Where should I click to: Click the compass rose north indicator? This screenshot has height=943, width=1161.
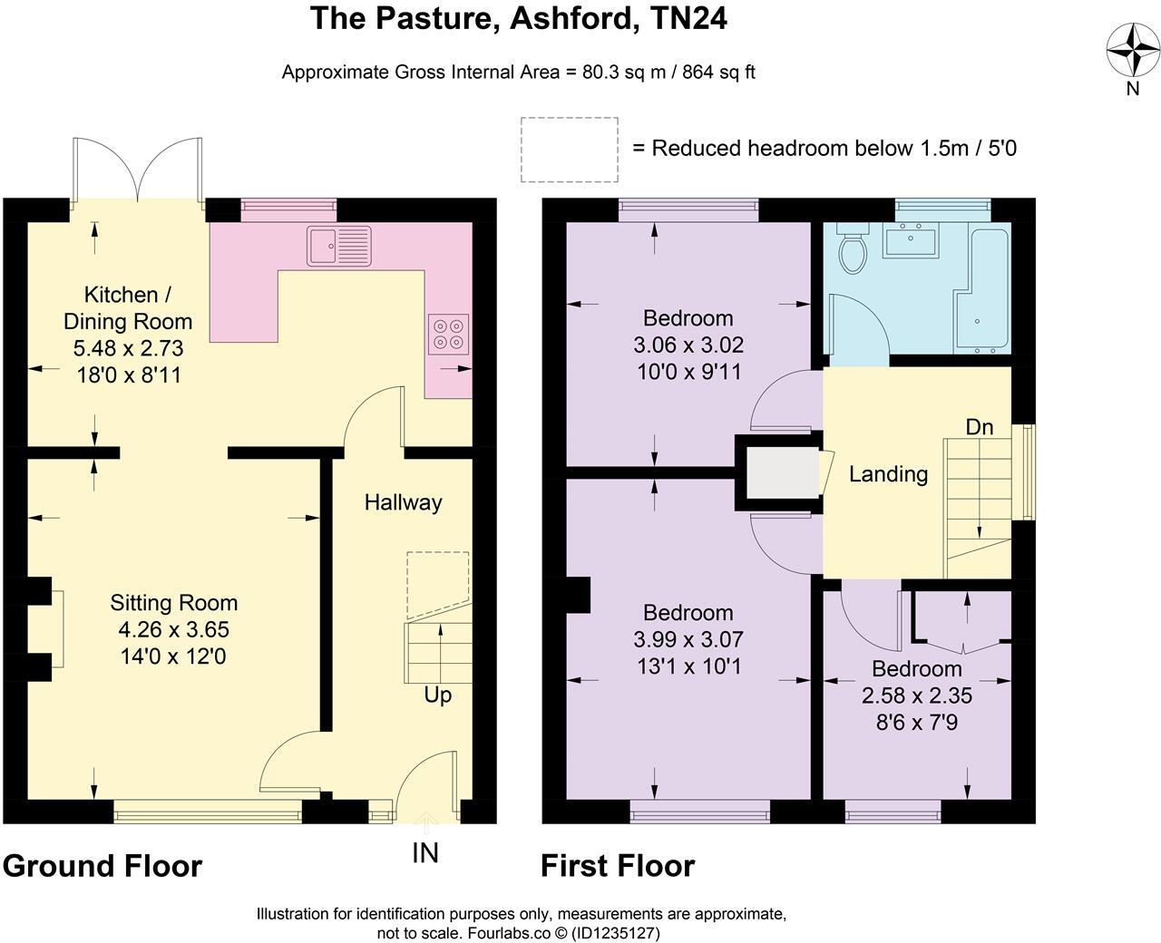pos(1132,50)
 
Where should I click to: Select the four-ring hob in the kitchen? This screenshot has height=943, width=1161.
pos(449,332)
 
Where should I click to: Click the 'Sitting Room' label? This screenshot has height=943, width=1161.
pos(174,603)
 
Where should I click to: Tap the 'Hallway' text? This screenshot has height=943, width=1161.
pos(403,502)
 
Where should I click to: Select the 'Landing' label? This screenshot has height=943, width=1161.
pos(888,474)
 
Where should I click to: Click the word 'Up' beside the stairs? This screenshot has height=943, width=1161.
pos(437,695)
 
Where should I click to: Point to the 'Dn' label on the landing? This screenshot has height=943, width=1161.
pos(979,427)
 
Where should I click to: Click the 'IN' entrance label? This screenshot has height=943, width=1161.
pos(425,853)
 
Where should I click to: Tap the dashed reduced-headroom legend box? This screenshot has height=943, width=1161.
pos(570,150)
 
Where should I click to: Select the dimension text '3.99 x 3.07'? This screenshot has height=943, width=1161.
pos(688,640)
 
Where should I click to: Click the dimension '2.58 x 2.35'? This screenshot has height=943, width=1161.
pos(916,696)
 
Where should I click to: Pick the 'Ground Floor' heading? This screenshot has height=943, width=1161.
pos(102,866)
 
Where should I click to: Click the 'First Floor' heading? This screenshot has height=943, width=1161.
pos(618,866)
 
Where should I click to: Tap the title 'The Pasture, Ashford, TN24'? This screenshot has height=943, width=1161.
pos(518,18)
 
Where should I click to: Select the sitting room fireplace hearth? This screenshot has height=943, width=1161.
pos(56,628)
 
